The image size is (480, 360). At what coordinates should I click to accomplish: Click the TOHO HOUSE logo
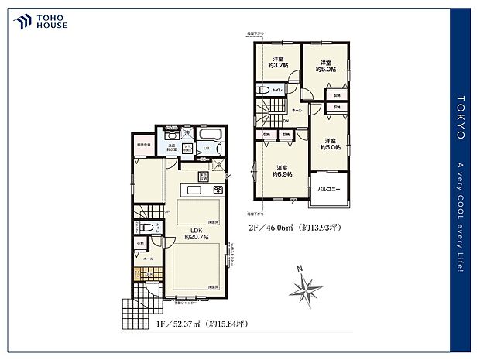41,20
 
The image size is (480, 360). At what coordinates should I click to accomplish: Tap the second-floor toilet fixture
263,91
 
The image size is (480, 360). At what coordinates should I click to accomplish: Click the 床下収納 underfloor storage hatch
203,176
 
